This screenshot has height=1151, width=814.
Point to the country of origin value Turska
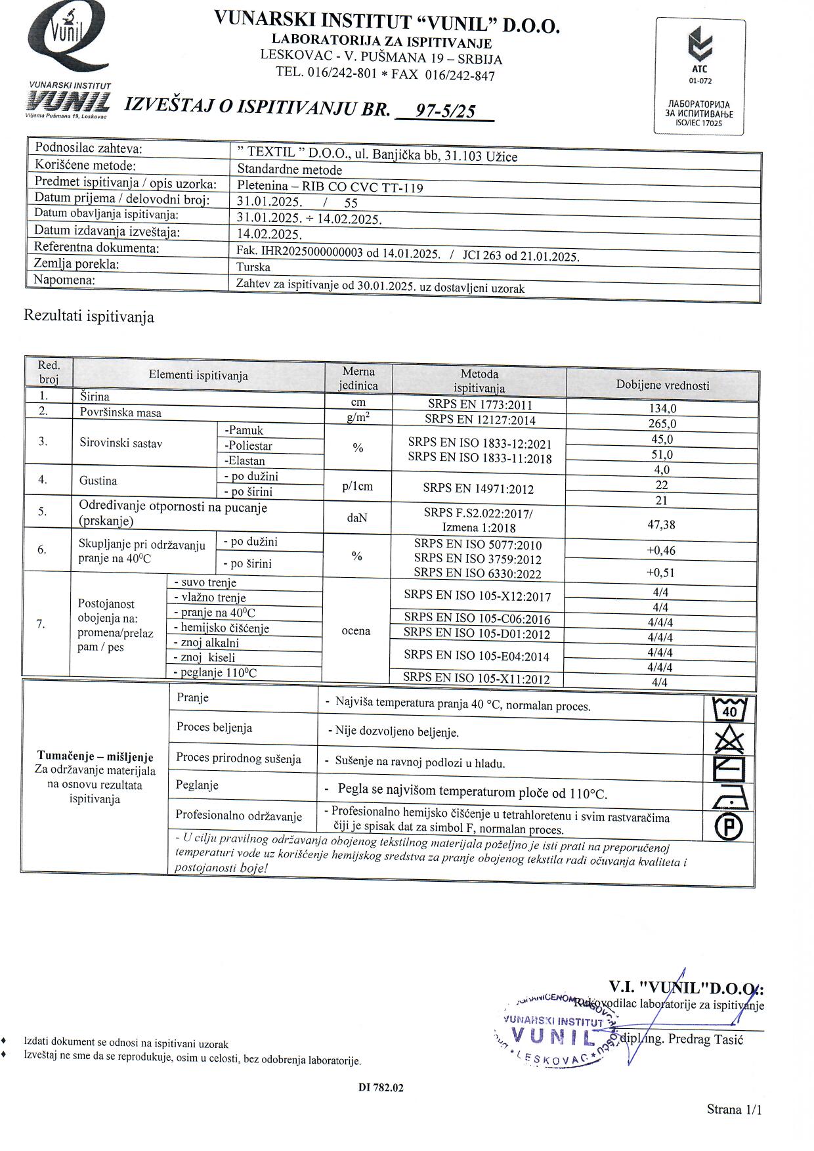pyautogui.click(x=253, y=267)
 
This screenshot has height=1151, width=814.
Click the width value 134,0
pyautogui.click(x=662, y=408)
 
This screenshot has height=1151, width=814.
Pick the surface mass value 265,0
pyautogui.click(x=662, y=423)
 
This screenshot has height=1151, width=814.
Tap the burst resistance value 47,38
pyautogui.click(x=660, y=525)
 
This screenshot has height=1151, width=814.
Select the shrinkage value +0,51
pyautogui.click(x=660, y=572)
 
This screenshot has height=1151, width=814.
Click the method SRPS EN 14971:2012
pyautogui.click(x=478, y=489)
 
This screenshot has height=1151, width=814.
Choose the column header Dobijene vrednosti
pyautogui.click(x=662, y=385)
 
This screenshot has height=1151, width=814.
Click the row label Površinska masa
pyautogui.click(x=120, y=413)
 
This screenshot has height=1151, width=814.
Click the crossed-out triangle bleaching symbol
pyautogui.click(x=729, y=740)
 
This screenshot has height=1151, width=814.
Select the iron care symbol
pyautogui.click(x=729, y=798)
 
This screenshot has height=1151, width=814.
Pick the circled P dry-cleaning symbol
pyautogui.click(x=729, y=827)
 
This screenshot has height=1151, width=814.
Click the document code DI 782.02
pyautogui.click(x=381, y=1087)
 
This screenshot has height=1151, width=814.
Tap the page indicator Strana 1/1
pyautogui.click(x=735, y=1110)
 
